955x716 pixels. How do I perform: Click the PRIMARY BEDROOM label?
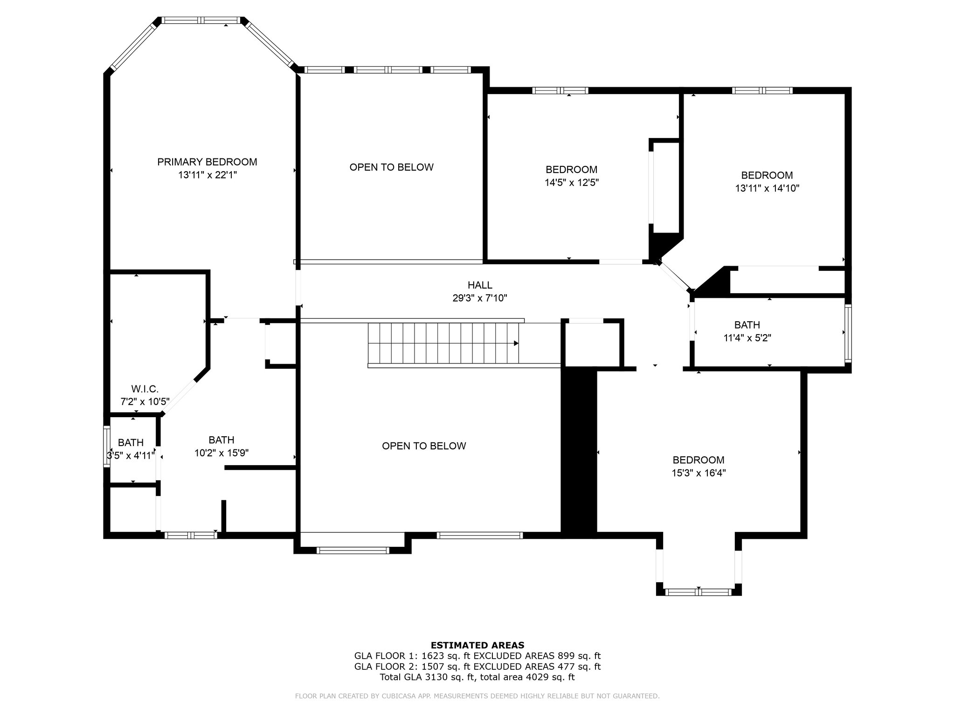[x=207, y=162]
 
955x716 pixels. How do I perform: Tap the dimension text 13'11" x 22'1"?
[x=207, y=175]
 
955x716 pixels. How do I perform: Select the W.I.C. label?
[x=145, y=389]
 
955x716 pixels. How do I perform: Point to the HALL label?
[x=480, y=285]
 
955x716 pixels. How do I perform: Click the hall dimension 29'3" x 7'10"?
[x=480, y=298]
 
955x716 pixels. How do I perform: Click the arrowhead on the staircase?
[x=516, y=344]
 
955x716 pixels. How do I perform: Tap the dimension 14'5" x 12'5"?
[x=572, y=182]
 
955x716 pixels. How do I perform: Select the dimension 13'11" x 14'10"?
[x=767, y=188]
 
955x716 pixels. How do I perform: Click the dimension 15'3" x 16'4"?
[x=699, y=473]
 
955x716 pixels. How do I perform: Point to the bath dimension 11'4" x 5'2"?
[x=747, y=338]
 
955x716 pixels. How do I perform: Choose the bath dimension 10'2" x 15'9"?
[x=221, y=453]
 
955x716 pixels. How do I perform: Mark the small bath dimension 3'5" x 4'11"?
[x=131, y=455]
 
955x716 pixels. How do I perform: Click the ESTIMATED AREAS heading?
[x=477, y=645]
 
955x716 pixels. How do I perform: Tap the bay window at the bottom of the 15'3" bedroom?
[x=699, y=592]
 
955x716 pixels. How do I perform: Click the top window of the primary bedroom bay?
[x=201, y=21]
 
